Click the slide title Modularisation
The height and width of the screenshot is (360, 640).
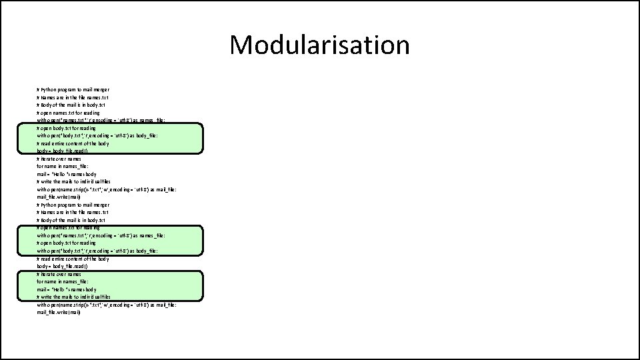(319, 45)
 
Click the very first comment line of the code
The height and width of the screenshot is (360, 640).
(73, 89)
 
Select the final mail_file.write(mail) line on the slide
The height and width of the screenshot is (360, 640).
(59, 312)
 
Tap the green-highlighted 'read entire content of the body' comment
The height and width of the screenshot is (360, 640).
(73, 143)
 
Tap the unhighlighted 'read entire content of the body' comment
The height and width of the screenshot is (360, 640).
(73, 259)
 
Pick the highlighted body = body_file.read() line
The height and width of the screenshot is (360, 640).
(67, 151)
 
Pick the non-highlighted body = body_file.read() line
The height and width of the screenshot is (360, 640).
(67, 266)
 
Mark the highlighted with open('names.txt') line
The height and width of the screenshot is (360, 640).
(100, 235)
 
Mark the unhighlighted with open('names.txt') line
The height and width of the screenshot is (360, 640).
(100, 121)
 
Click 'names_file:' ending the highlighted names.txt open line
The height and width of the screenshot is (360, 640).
(149, 235)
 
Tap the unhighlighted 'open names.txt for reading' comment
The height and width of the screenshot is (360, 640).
(66, 113)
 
